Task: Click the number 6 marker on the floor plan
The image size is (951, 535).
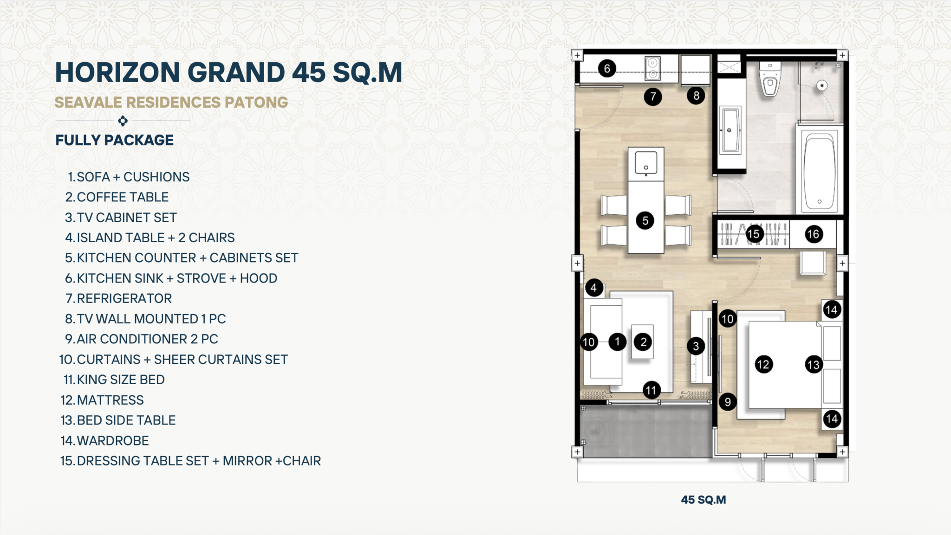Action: point(607,69)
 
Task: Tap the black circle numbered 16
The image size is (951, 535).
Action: point(813,234)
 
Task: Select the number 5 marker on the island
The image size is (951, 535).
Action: point(645,220)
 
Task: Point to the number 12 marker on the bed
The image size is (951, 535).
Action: point(763,364)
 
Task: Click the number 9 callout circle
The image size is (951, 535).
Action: point(728,402)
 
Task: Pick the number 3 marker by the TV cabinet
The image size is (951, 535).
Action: point(696,346)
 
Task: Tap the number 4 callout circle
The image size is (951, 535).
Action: point(594,288)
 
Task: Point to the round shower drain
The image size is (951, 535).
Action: point(822,86)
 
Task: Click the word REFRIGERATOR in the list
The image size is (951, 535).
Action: point(124,298)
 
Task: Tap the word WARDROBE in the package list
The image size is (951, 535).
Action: point(113,441)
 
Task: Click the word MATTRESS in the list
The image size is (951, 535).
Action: point(111,400)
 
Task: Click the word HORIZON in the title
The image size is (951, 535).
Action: point(117,72)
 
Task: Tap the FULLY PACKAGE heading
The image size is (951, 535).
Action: point(114,140)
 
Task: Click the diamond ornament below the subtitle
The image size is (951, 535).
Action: point(123,121)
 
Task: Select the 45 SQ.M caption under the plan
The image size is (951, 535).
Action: point(703,500)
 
